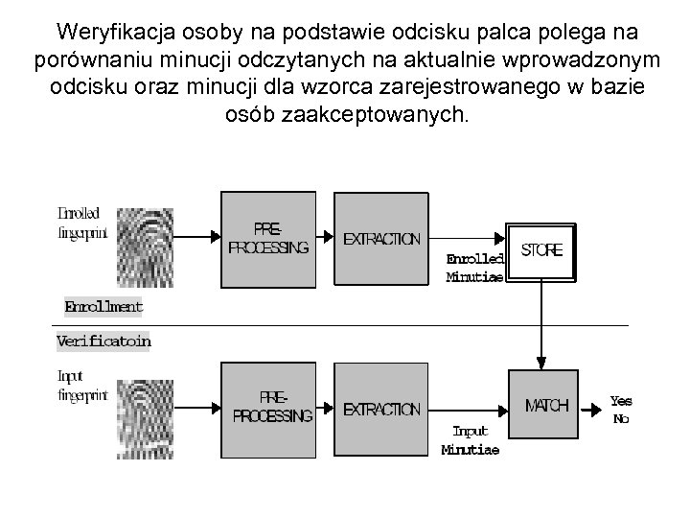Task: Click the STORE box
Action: [541, 251]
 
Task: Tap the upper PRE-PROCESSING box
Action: [268, 238]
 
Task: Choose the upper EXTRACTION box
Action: [381, 238]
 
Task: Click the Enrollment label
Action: [103, 307]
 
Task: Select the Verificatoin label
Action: [103, 341]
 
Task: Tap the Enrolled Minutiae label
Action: [474, 268]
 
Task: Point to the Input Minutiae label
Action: [470, 440]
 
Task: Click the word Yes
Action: [621, 400]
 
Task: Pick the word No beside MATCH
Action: [620, 419]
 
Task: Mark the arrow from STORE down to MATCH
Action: [541, 326]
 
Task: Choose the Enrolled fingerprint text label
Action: [82, 223]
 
